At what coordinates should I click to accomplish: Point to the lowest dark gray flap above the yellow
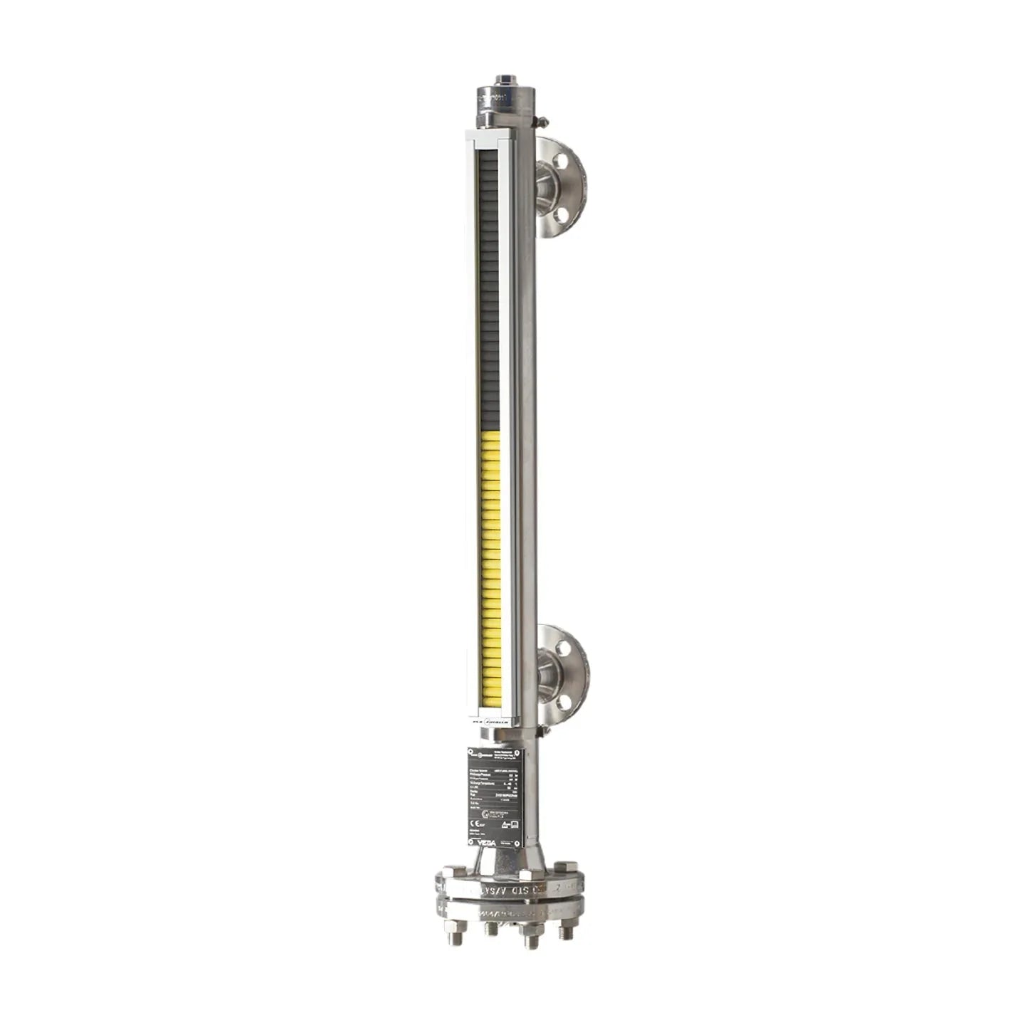[x=490, y=426]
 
